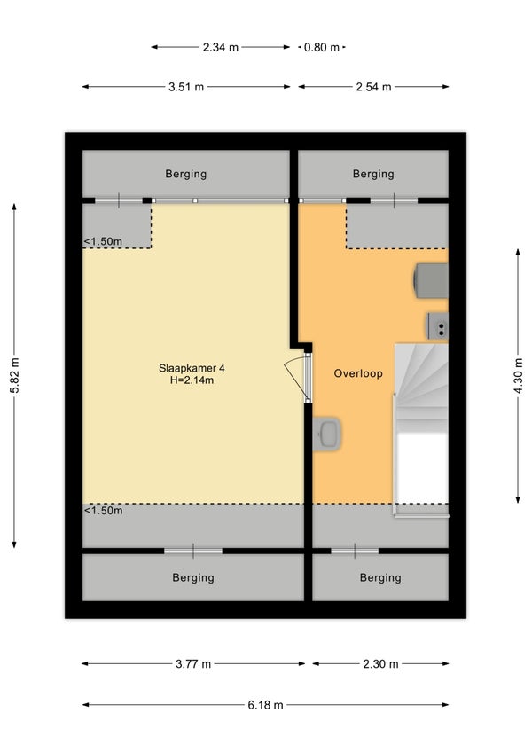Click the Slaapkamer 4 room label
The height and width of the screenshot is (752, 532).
coord(192,368)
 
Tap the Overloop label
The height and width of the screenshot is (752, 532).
coord(358,373)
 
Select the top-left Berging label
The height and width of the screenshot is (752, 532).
coord(186,174)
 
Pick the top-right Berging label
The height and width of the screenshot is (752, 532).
coord(373,174)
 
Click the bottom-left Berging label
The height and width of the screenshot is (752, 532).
coord(193,577)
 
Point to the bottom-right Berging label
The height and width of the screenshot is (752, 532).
coord(380,577)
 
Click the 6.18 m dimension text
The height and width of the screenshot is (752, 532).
coord(266,705)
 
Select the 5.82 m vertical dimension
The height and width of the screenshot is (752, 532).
coord(14,375)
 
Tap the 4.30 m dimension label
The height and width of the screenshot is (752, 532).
coord(518,375)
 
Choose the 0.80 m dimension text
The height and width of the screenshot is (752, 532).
coord(322,47)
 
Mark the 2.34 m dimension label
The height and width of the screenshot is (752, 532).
coord(221,47)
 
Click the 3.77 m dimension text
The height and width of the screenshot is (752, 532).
coord(193,664)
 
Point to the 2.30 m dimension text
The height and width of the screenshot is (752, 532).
coord(381,664)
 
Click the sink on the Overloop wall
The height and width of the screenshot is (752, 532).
coord(327,434)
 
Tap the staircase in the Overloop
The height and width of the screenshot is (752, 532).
coord(421,427)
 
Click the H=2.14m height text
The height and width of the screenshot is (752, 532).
coord(192,380)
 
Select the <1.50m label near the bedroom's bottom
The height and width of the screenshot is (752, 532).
coord(103,510)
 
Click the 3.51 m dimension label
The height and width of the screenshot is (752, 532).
coord(186,87)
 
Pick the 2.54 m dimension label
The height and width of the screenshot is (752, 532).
coord(373,87)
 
